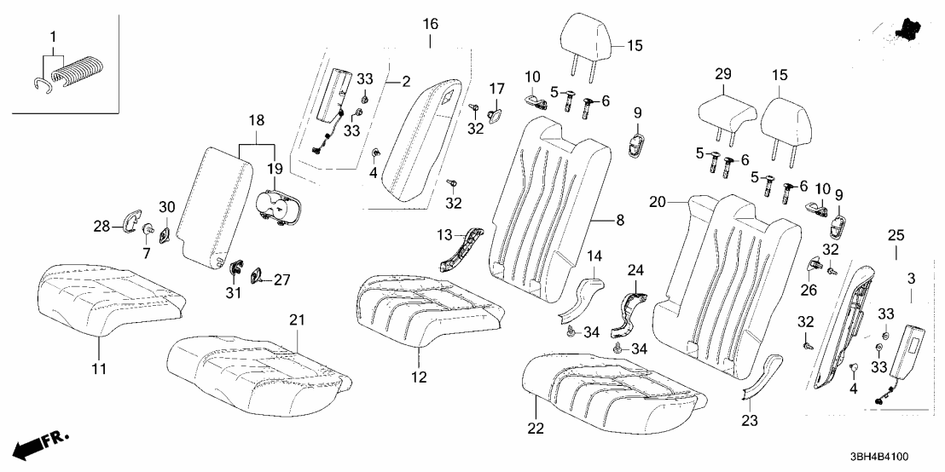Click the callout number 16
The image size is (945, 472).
click(x=430, y=21)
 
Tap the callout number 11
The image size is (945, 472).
click(x=100, y=369)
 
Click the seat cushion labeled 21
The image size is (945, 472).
click(x=256, y=366)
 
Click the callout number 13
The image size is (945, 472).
click(x=444, y=234)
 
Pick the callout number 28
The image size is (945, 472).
click(x=100, y=226)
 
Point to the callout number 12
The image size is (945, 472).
click(x=420, y=376)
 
